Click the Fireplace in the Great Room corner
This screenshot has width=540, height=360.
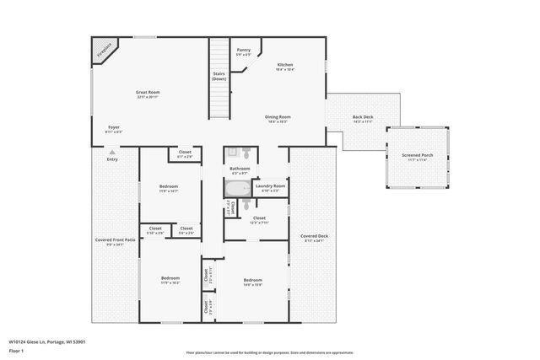(x=103, y=50)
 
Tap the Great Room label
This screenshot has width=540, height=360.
(x=148, y=92)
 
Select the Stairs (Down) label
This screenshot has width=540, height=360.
(x=219, y=76)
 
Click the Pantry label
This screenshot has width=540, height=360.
(x=243, y=51)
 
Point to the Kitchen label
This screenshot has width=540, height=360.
(x=286, y=65)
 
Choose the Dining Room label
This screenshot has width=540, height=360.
(x=278, y=117)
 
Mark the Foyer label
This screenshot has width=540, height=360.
(x=113, y=128)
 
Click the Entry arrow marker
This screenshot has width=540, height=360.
(x=111, y=152)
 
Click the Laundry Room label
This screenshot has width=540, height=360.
(x=270, y=186)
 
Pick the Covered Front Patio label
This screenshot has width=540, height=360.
(x=115, y=240)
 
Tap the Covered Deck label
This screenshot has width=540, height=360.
(x=314, y=237)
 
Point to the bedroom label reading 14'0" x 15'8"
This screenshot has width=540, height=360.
(x=253, y=281)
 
